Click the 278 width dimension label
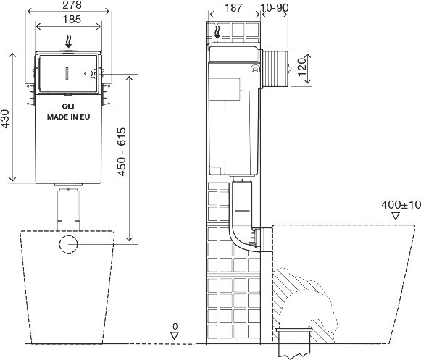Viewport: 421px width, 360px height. [72, 5]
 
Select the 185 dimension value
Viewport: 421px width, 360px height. [72, 20]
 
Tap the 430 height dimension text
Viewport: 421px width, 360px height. [5, 119]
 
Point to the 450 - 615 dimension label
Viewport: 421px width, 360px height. [121, 151]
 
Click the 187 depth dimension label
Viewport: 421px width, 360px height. [233, 8]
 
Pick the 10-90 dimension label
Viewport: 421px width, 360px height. [275, 8]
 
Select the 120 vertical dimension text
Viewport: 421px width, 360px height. [303, 67]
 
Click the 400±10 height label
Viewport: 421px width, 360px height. [401, 205]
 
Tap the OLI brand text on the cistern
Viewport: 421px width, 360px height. [68, 106]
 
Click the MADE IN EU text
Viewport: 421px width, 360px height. [68, 117]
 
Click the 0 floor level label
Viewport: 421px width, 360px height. [175, 327]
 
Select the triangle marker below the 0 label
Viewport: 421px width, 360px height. [175, 336]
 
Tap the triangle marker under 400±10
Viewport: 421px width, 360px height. [396, 217]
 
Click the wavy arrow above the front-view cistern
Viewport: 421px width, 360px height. [68, 42]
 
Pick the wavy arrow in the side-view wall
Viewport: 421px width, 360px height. [217, 32]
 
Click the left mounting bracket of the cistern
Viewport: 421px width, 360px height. [30, 95]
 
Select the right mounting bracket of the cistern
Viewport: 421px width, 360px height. [107, 95]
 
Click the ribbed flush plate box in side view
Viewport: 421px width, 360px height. [275, 69]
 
